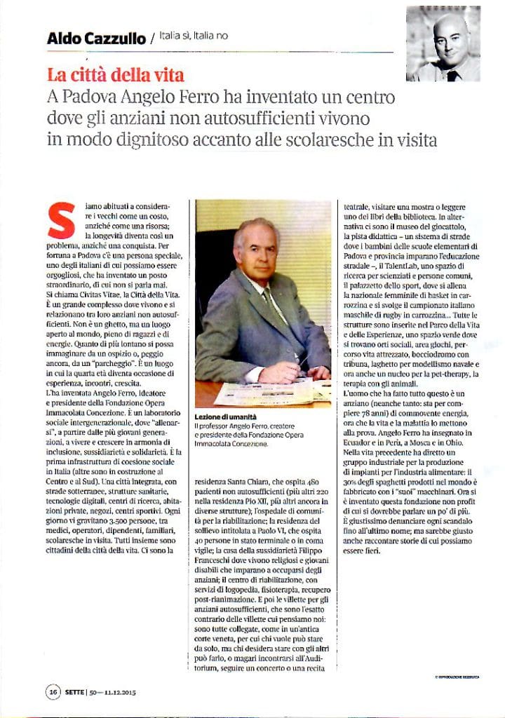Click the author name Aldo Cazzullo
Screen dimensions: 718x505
[x=95, y=38]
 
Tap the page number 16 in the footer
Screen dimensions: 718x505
[x=53, y=691]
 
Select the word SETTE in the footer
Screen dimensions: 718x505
[x=75, y=691]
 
